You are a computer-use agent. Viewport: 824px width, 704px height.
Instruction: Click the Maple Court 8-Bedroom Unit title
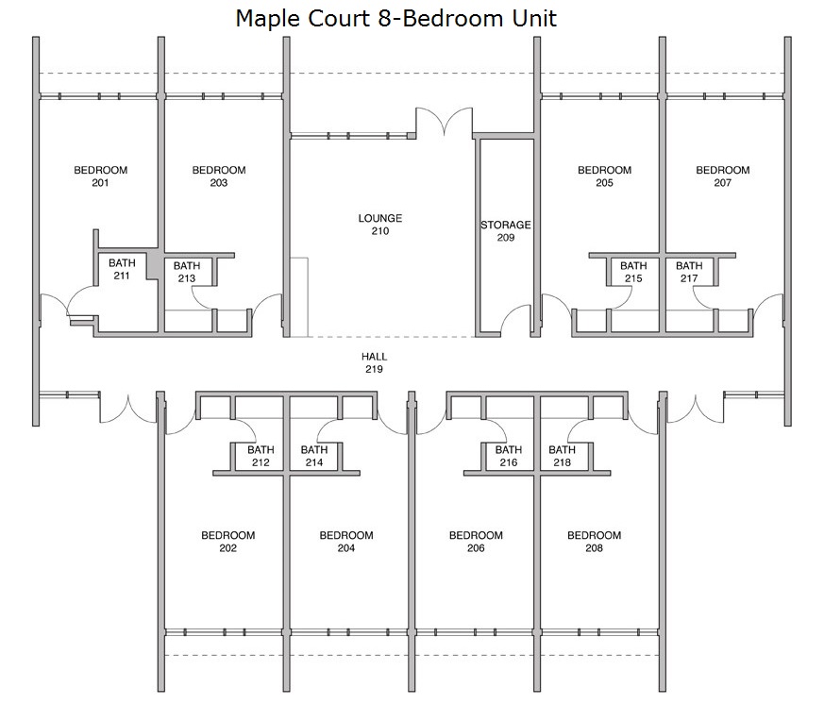[x=395, y=18]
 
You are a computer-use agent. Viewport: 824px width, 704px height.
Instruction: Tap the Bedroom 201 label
[x=100, y=176]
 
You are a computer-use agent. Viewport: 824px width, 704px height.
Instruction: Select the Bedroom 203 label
[x=219, y=176]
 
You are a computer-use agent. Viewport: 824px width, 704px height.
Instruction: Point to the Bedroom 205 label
[x=604, y=176]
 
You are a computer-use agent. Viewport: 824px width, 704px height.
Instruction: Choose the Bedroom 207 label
[x=723, y=176]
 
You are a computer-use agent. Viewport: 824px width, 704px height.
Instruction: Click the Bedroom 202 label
[x=228, y=542]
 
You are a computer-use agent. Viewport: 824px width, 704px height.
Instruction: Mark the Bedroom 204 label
[x=346, y=542]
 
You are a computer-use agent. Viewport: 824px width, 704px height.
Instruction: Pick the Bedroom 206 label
[x=476, y=542]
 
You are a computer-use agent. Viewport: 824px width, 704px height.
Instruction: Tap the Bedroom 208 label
[x=594, y=542]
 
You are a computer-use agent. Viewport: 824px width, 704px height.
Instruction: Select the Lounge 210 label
[x=380, y=225]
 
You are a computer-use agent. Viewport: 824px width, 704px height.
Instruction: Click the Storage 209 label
[x=506, y=231]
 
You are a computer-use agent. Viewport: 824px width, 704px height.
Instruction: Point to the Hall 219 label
[x=374, y=362]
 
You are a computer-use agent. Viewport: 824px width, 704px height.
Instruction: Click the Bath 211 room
[x=122, y=269]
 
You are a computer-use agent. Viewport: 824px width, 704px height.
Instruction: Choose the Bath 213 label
[x=187, y=272]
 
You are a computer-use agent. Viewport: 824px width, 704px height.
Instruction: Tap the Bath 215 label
[x=633, y=272]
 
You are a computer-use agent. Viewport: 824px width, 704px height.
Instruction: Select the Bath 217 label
[x=689, y=272]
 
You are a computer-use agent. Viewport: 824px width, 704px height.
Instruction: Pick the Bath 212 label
[x=261, y=456]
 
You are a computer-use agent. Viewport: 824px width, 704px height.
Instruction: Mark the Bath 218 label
[x=562, y=456]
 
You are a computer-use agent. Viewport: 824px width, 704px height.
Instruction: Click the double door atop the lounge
[x=444, y=120]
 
